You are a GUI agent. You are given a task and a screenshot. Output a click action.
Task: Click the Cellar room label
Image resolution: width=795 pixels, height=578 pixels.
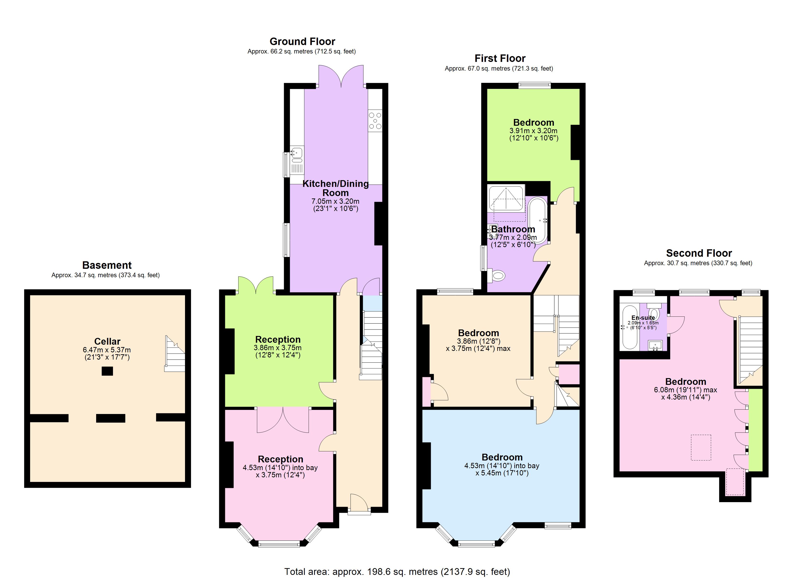click(x=107, y=341)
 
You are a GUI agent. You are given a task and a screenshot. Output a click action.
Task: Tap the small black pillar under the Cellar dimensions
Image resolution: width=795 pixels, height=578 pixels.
click(x=107, y=371)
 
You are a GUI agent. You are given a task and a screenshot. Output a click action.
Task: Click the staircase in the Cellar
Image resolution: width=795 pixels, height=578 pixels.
click(x=175, y=354)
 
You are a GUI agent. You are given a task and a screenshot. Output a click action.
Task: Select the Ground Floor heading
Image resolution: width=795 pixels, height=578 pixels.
click(x=302, y=41)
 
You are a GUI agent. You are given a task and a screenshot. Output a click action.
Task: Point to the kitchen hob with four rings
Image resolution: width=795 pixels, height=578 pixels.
click(x=375, y=121)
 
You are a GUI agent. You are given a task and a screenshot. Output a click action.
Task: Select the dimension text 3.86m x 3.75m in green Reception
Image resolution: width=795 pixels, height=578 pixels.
click(x=277, y=348)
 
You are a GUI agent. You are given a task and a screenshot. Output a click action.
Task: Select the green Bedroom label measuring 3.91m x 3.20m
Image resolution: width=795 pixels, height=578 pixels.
click(x=534, y=122)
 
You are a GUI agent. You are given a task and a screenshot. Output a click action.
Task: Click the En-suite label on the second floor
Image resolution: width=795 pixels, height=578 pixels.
click(x=643, y=318)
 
